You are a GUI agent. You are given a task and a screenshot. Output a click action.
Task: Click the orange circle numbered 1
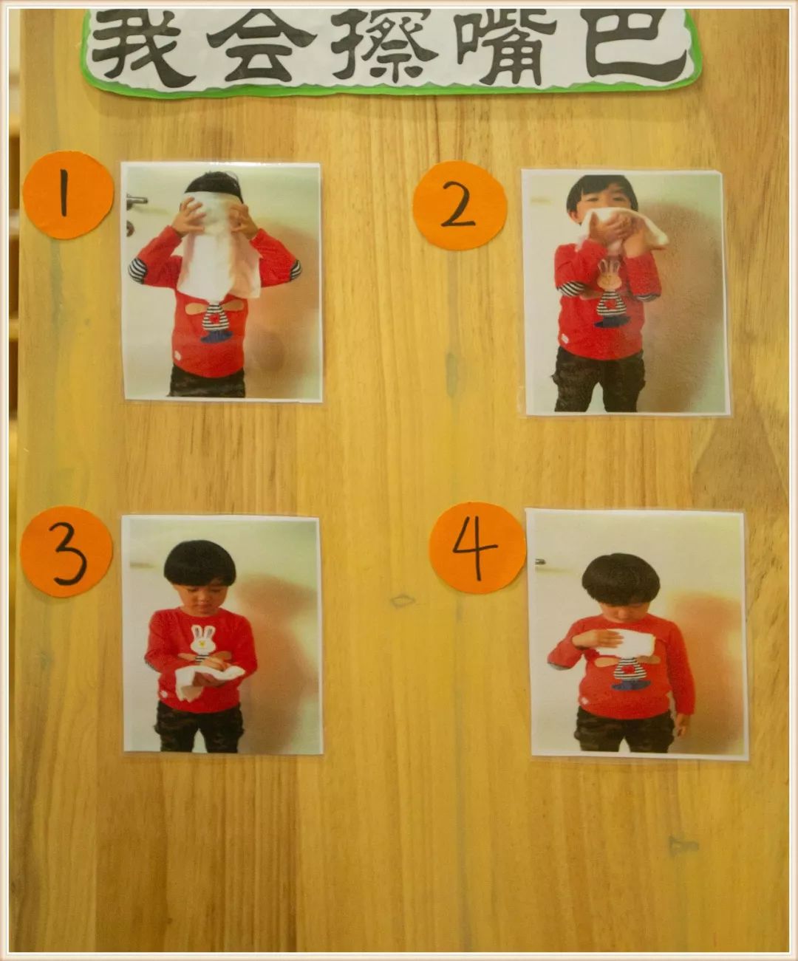pos(68,195)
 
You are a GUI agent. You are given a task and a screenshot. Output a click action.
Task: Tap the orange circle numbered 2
pos(460,206)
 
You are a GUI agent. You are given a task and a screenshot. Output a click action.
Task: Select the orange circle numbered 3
pos(66,552)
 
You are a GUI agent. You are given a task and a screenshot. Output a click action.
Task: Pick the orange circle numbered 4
pos(477,548)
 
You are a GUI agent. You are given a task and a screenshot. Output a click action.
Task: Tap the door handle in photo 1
pos(137,199)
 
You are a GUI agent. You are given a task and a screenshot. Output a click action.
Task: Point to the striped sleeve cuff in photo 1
pos(137,270)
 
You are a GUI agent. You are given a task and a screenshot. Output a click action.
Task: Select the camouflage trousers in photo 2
pos(598,379)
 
